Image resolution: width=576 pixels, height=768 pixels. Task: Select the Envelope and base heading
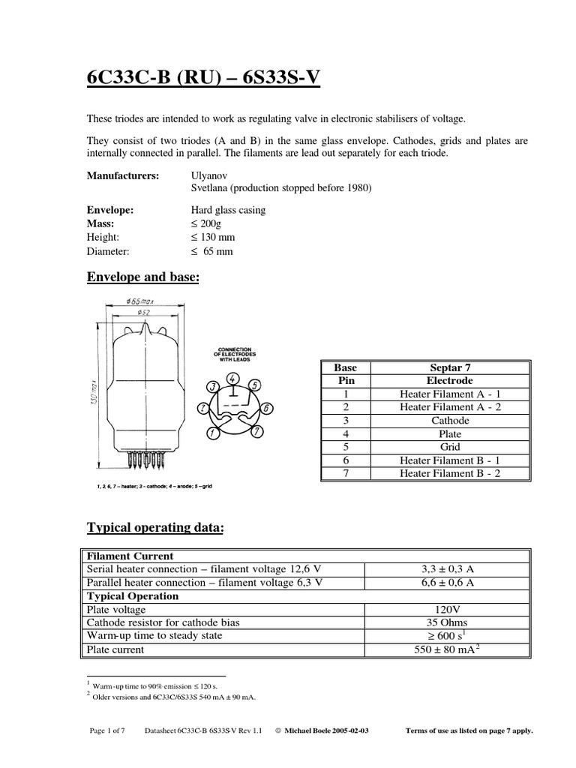(x=143, y=277)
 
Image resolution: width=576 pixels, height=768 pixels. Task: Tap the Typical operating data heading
(x=155, y=528)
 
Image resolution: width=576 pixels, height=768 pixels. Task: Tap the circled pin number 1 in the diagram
(x=214, y=433)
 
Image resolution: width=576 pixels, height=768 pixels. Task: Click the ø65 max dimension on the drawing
(x=141, y=302)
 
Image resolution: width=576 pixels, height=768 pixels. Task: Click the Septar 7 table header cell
(x=450, y=367)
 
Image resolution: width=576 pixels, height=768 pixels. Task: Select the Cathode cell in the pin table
(x=450, y=421)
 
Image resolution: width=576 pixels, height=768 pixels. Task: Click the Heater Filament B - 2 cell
(x=450, y=473)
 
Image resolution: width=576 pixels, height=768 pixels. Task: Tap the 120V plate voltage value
(x=446, y=610)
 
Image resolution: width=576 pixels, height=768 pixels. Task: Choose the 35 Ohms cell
(x=446, y=622)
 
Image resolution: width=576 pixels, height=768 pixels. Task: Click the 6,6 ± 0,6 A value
(x=446, y=583)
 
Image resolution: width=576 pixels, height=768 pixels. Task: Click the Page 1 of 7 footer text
(x=110, y=730)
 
